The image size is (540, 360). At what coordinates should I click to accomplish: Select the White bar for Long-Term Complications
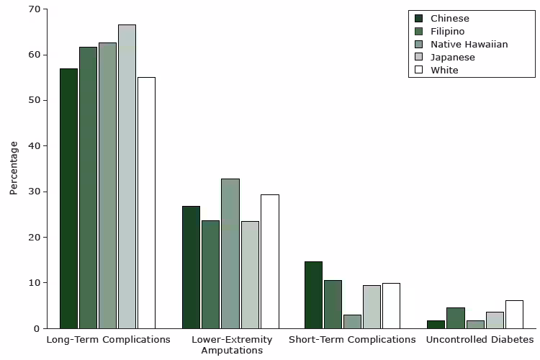click(146, 202)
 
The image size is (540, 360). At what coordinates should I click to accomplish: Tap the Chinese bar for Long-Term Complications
click(68, 198)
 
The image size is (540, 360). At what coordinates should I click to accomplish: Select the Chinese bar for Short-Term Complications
click(313, 294)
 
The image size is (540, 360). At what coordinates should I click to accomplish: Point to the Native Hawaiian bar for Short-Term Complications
click(352, 321)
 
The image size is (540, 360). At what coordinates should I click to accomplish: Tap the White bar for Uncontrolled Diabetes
click(514, 314)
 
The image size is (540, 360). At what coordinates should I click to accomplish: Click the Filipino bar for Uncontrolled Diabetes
click(455, 318)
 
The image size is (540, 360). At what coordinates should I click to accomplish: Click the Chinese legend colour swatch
click(419, 18)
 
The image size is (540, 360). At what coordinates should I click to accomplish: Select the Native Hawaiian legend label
click(469, 44)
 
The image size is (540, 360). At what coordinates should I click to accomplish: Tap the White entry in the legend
click(444, 70)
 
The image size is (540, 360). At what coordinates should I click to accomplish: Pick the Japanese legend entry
click(452, 57)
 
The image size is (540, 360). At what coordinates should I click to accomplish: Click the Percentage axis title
click(14, 168)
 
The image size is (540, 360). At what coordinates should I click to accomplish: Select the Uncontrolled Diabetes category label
click(480, 339)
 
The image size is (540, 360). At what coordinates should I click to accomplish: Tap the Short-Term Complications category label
click(352, 339)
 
